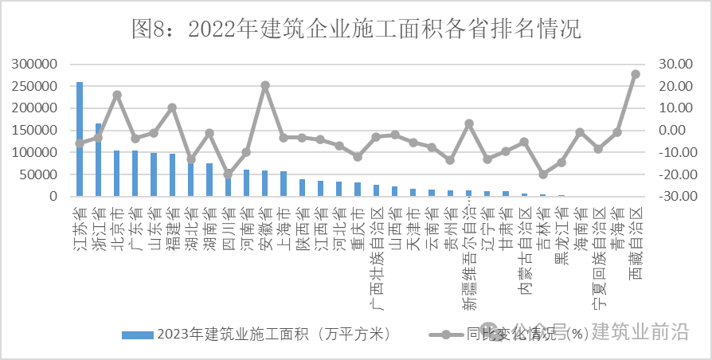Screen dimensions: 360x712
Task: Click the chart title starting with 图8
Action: [x=355, y=29]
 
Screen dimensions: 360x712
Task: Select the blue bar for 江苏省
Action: [x=80, y=139]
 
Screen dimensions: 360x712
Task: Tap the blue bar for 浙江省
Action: [x=98, y=159]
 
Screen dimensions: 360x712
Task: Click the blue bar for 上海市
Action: [x=283, y=183]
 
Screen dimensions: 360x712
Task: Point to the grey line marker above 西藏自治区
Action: [x=635, y=74]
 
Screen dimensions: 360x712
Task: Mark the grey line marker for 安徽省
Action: [x=264, y=85]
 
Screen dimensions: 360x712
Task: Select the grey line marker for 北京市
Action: [x=116, y=95]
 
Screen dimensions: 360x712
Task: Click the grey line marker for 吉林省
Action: [x=542, y=174]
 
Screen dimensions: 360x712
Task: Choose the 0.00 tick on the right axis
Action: [x=671, y=130]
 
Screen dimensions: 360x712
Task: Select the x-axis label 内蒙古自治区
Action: [x=524, y=252]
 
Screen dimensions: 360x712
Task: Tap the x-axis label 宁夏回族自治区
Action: [x=598, y=257]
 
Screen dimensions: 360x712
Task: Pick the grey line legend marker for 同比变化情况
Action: [x=446, y=335]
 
